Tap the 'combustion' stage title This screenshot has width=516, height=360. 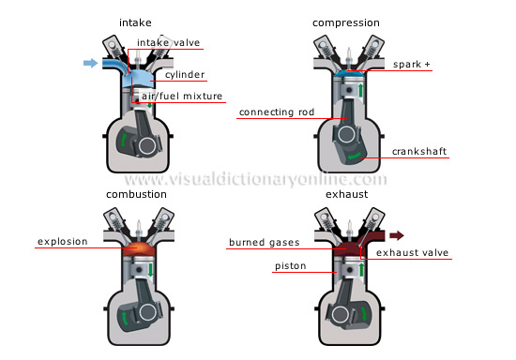click(x=137, y=194)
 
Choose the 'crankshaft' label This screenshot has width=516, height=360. click(x=421, y=152)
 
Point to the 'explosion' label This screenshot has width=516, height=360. click(x=62, y=242)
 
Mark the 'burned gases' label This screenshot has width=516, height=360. click(x=263, y=243)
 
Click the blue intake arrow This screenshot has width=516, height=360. click(x=89, y=63)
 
